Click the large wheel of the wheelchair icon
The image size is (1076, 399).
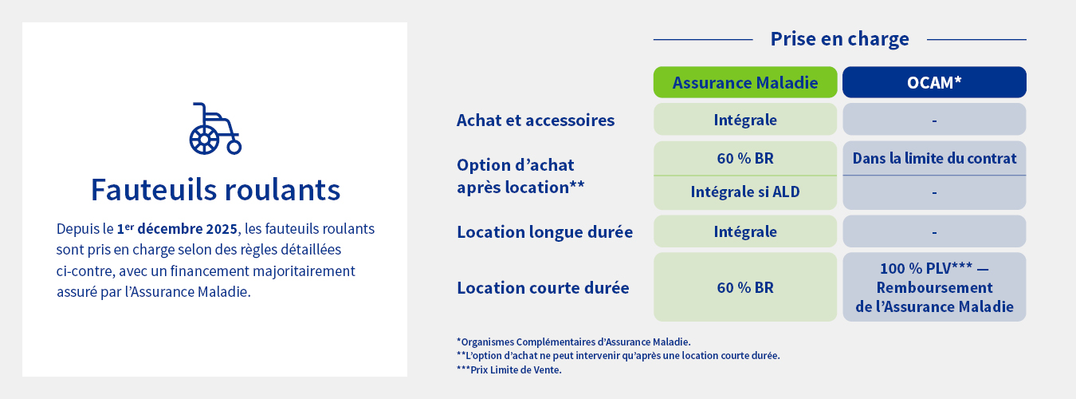click(x=204, y=140)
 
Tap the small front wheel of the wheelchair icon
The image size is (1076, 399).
click(x=234, y=147)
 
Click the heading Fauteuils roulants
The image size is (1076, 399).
click(x=215, y=190)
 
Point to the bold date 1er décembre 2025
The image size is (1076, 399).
click(x=177, y=229)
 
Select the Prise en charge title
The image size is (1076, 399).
click(x=839, y=39)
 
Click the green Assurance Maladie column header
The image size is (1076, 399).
click(x=745, y=83)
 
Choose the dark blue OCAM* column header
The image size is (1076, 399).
click(x=934, y=83)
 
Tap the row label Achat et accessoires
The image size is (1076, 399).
click(x=536, y=120)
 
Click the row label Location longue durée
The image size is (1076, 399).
click(x=544, y=232)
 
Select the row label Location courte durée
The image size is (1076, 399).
click(x=543, y=288)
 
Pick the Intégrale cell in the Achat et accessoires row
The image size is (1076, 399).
click(x=745, y=120)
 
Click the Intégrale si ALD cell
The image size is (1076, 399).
click(x=745, y=192)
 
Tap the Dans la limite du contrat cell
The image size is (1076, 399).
click(x=934, y=158)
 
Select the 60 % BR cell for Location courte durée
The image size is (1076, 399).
click(x=745, y=288)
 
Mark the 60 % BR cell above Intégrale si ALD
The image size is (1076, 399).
click(x=745, y=158)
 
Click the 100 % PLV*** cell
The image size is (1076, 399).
click(x=934, y=287)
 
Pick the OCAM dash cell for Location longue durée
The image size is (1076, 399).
click(x=934, y=232)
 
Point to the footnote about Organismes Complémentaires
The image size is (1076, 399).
click(x=573, y=342)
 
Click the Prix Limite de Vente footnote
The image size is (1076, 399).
click(x=509, y=369)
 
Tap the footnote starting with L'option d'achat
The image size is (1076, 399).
click(x=618, y=356)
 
